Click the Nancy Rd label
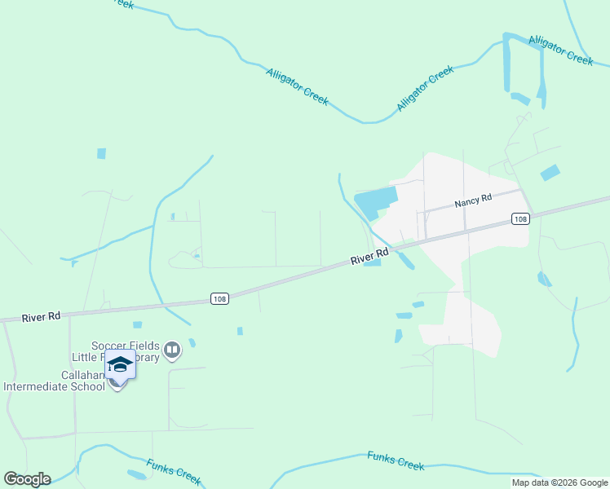474,199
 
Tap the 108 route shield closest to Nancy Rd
521,218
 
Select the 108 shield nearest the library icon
219,298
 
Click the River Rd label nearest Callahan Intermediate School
42,316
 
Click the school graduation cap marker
120,365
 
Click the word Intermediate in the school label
55,386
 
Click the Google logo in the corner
27,479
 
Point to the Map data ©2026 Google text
559,482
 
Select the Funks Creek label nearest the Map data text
396,460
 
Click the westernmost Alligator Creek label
297,86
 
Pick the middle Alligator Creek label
425,89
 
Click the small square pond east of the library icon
240,331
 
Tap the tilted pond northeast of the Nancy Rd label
550,173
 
